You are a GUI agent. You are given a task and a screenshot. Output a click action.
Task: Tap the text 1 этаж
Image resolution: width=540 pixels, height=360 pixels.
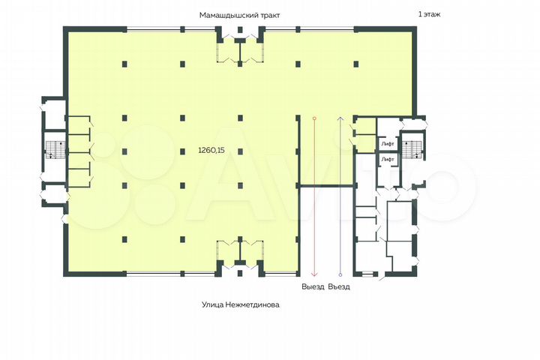(x=430, y=14)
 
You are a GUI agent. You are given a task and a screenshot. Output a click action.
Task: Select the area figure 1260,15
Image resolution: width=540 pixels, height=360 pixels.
(x=211, y=150)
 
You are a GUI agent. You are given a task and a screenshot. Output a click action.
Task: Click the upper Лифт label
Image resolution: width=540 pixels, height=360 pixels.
(x=388, y=142)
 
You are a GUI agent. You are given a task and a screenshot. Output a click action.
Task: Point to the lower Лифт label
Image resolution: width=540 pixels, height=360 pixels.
(x=388, y=160)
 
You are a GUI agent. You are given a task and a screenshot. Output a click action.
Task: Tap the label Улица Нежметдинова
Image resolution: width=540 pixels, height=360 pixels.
(x=235, y=305)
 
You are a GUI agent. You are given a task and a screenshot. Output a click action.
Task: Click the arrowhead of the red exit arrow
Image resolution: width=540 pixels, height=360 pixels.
(x=314, y=274)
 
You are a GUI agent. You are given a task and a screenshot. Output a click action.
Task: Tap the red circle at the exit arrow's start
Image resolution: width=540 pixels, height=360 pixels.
(x=314, y=118)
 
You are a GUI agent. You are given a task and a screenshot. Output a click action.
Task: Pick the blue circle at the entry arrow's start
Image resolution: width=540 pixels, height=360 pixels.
(x=340, y=275)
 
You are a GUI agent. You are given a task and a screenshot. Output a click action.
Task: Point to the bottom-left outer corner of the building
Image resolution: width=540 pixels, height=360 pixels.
(x=64, y=277)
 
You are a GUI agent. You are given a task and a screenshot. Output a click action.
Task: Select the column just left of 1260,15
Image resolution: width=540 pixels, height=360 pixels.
(x=181, y=150)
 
